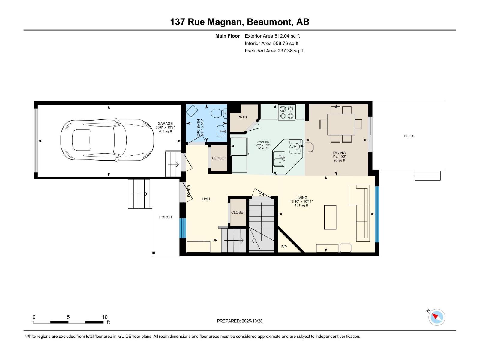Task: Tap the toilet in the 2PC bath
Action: (218, 113)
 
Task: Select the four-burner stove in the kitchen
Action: (286, 112)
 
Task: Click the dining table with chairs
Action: (341, 124)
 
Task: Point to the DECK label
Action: (408, 136)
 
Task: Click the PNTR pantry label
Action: (242, 117)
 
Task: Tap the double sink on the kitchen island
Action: (279, 158)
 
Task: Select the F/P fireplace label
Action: (284, 247)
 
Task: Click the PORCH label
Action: (165, 217)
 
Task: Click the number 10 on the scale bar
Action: (105, 317)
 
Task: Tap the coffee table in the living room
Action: (330, 217)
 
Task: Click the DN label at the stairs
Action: (261, 195)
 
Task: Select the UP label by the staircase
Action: (215, 240)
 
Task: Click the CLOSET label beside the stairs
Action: (238, 212)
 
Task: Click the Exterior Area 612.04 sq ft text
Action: (272, 36)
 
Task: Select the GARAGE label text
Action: (165, 123)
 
